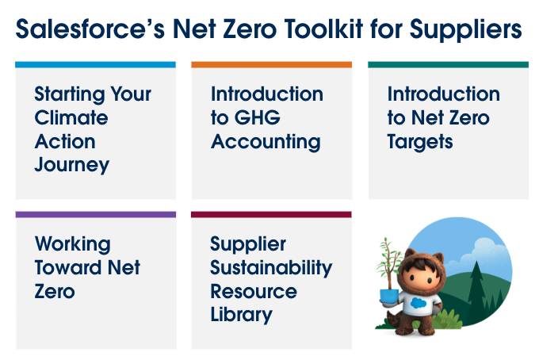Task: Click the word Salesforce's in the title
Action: (x=90, y=29)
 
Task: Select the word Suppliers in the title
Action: (x=466, y=30)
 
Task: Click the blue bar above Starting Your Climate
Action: (x=96, y=65)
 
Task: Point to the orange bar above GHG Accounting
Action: (x=272, y=65)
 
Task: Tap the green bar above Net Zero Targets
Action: (x=449, y=65)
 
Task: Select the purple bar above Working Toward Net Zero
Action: (x=96, y=215)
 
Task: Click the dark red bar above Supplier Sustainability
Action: (x=271, y=215)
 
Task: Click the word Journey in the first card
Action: (x=72, y=166)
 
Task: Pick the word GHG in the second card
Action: (x=258, y=117)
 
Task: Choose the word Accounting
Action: (x=266, y=143)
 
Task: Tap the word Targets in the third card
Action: (x=420, y=143)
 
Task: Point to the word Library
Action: (x=241, y=316)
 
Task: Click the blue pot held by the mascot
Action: (x=389, y=297)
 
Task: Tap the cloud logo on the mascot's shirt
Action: (x=418, y=303)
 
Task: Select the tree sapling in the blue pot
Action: (x=388, y=263)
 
